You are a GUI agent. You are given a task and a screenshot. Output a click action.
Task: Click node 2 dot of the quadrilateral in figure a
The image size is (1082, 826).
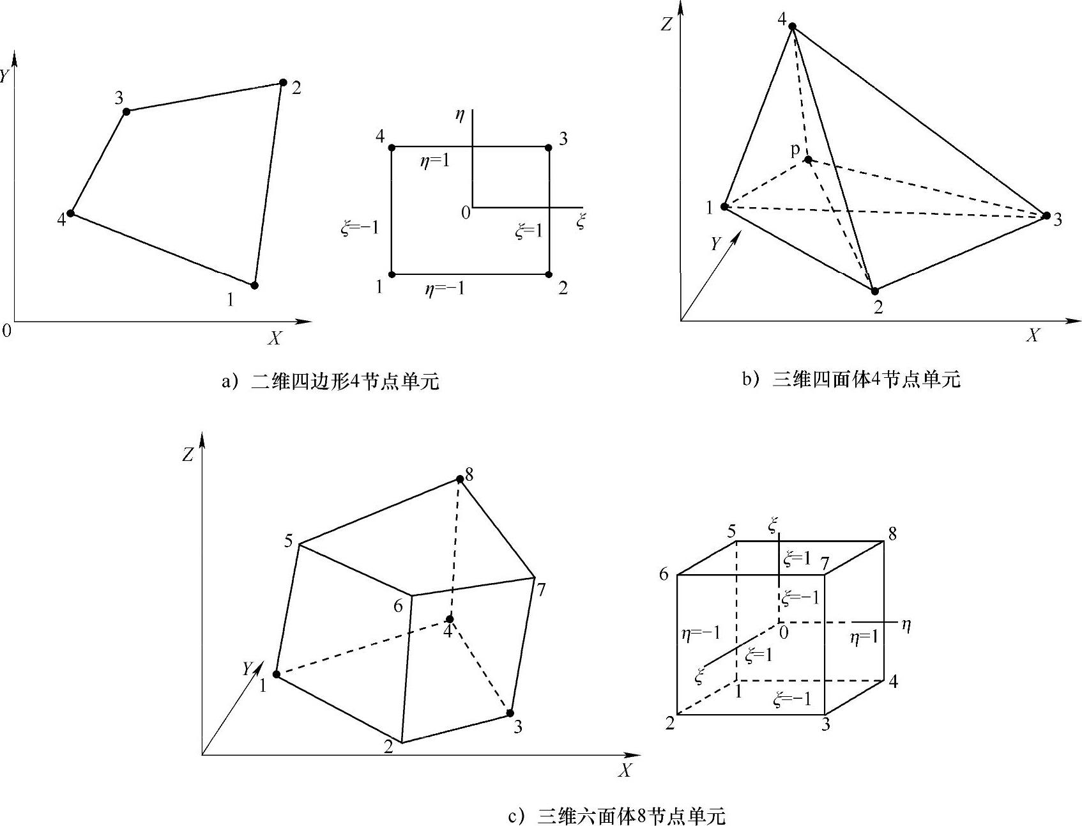[283, 82]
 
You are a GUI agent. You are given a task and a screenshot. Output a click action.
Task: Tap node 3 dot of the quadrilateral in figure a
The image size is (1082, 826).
[126, 111]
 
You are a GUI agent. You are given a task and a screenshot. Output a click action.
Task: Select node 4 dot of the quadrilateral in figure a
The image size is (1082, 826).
[71, 213]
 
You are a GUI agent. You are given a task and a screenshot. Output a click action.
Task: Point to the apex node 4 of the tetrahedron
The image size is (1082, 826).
[792, 26]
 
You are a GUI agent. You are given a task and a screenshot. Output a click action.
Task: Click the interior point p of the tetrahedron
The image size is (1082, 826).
[808, 159]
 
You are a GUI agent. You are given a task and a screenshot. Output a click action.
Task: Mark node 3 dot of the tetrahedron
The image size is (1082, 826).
[1046, 215]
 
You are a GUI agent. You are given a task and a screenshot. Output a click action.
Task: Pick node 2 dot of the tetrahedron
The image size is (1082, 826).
[875, 291]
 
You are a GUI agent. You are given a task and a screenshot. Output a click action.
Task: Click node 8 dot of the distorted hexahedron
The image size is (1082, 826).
[459, 479]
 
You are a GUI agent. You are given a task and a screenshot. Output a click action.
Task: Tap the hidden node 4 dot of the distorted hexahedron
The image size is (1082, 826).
[450, 619]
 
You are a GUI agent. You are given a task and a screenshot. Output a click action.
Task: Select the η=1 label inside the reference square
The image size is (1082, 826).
[434, 160]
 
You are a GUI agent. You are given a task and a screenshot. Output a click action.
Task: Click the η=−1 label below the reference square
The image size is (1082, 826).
[445, 289]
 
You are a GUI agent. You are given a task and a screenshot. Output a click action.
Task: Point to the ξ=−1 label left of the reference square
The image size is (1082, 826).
[360, 228]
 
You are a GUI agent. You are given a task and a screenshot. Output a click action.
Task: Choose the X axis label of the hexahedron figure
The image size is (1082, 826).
[625, 771]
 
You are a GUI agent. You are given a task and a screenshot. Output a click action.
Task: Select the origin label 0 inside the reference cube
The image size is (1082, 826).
[784, 633]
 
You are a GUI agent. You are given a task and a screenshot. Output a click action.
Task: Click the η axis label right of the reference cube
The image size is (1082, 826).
[905, 625]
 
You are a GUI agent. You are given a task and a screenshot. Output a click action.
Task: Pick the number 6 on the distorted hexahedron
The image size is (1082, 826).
[398, 605]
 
